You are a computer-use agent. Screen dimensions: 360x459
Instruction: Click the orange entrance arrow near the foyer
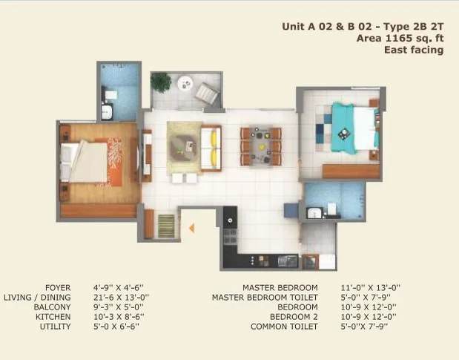coord(191,228)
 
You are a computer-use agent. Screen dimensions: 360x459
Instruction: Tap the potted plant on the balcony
coord(161,82)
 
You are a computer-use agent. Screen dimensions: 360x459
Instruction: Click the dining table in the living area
coord(261,145)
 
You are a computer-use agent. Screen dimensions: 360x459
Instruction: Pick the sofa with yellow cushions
coord(211,147)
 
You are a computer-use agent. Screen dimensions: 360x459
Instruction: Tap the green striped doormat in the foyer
coord(166,224)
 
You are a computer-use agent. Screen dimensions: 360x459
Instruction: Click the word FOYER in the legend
coord(58,287)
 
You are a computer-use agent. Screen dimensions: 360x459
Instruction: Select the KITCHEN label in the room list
coord(54,316)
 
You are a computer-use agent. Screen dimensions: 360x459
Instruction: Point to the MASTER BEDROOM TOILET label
coord(265,297)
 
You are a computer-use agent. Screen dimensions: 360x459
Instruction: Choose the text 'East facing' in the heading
coord(413,50)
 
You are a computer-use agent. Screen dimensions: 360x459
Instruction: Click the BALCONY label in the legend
coord(53,307)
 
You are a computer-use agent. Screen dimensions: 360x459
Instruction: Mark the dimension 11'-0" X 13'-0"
coord(371,287)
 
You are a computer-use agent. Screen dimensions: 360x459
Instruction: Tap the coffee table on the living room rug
coord(181,147)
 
